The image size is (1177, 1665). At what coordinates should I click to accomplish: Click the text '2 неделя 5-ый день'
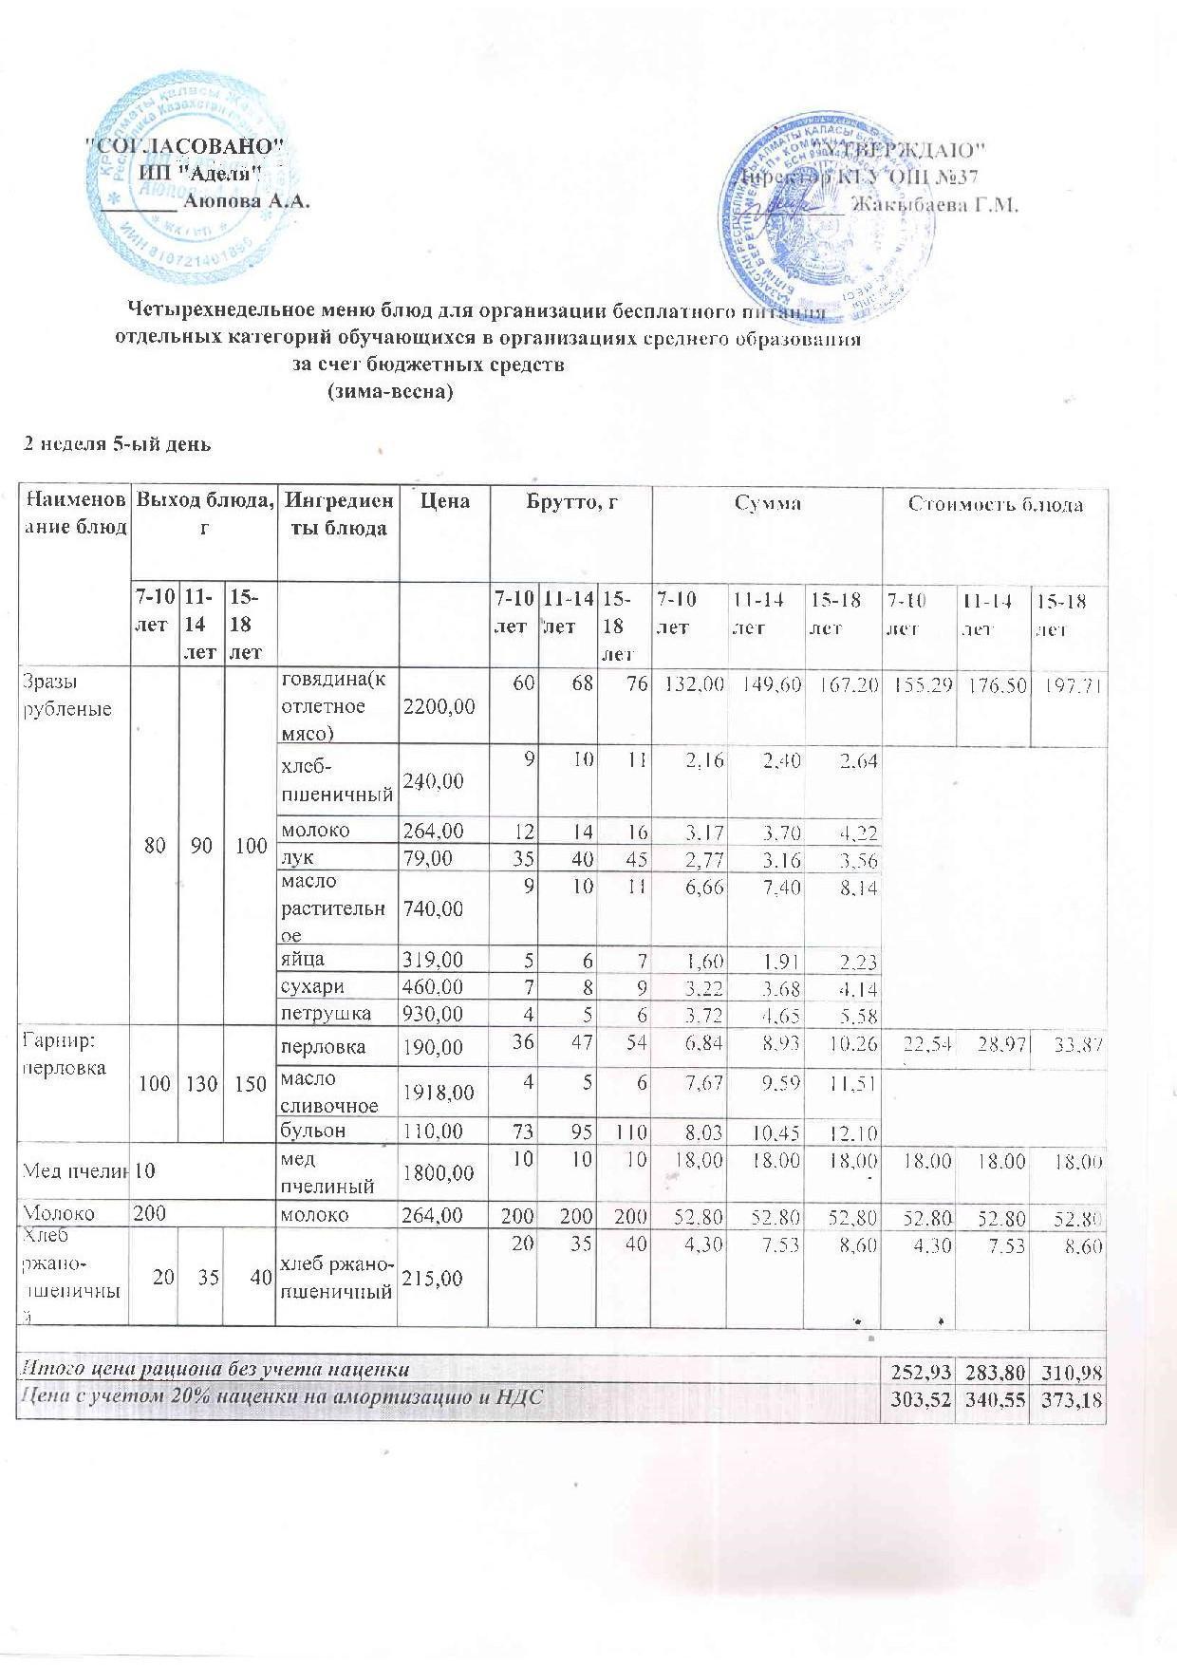coord(117,443)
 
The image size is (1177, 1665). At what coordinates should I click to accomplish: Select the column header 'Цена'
coord(444,500)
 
